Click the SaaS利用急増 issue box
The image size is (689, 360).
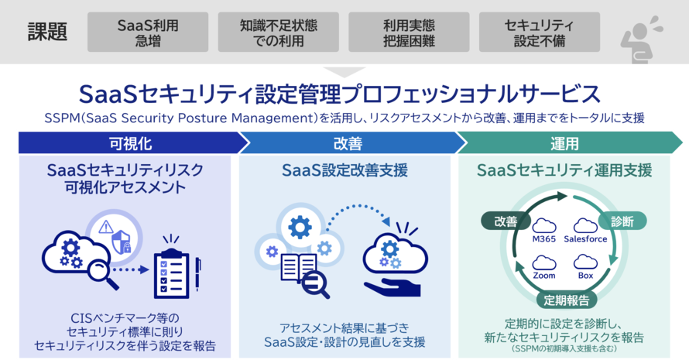[x=148, y=33]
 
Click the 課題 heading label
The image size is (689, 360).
[x=48, y=33]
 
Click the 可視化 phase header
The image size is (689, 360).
[x=124, y=142]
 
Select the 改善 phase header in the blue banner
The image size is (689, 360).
[x=345, y=142]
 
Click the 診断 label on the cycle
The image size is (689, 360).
[x=622, y=221]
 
